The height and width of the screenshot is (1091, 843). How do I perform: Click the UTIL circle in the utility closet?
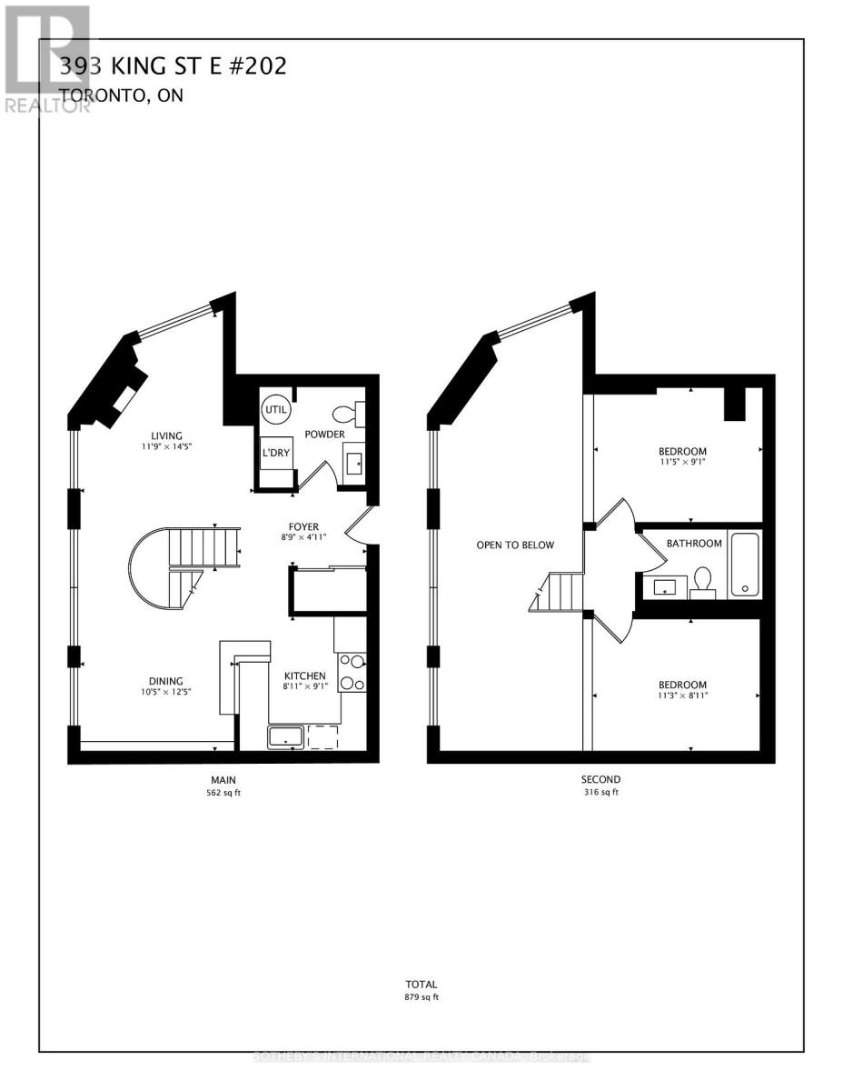275,409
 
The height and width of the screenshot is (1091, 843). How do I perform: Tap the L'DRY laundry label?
274,453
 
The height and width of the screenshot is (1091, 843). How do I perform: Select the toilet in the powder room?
344,415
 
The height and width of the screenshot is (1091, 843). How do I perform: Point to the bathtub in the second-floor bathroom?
745,565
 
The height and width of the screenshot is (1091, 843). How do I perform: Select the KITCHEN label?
304,676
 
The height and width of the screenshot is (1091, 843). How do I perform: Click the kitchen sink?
286,736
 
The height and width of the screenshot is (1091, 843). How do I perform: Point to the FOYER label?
303,526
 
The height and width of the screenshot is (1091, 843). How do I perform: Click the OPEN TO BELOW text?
515,545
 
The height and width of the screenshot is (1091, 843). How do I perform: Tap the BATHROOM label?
694,544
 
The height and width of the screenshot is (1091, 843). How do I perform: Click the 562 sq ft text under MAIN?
223,793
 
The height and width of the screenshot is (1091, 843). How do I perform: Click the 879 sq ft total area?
421,997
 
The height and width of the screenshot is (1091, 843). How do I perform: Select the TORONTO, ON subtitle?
121,95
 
